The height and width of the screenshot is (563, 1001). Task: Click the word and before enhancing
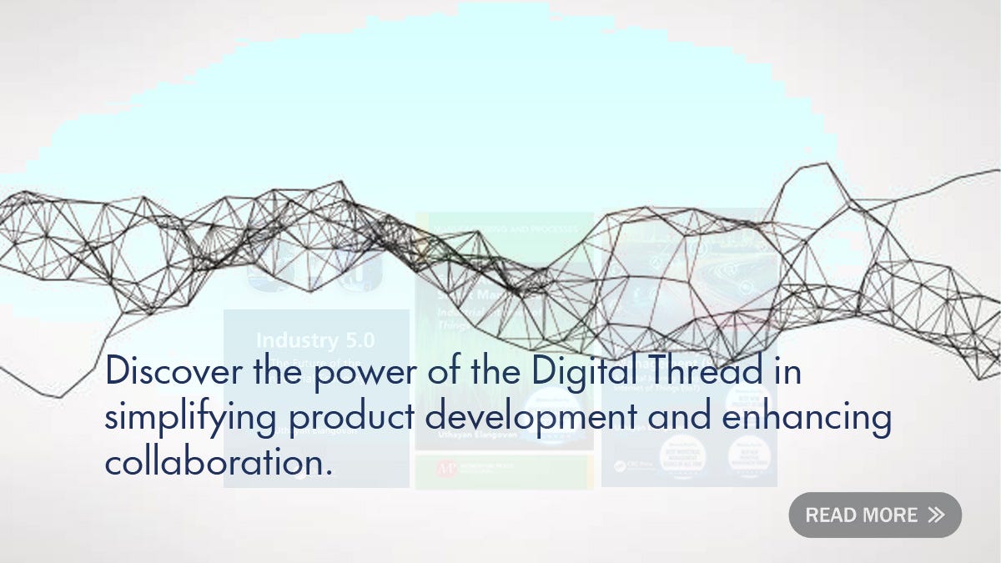679,416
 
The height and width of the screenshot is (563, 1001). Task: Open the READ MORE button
875,515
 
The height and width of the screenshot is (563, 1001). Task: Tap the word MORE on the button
891,515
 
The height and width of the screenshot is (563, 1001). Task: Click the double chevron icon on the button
936,515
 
